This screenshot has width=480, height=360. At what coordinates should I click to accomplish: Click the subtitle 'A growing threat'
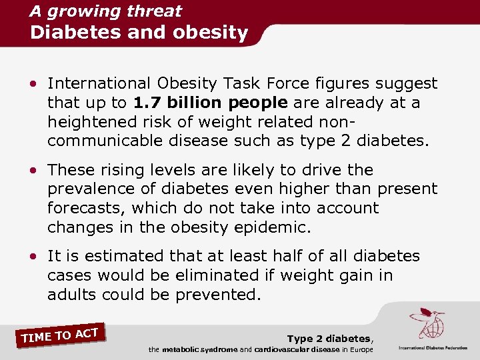tap(105, 11)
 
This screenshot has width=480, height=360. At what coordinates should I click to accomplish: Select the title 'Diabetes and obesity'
tap(139, 32)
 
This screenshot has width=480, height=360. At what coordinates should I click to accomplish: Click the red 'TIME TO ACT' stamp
tap(60, 334)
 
